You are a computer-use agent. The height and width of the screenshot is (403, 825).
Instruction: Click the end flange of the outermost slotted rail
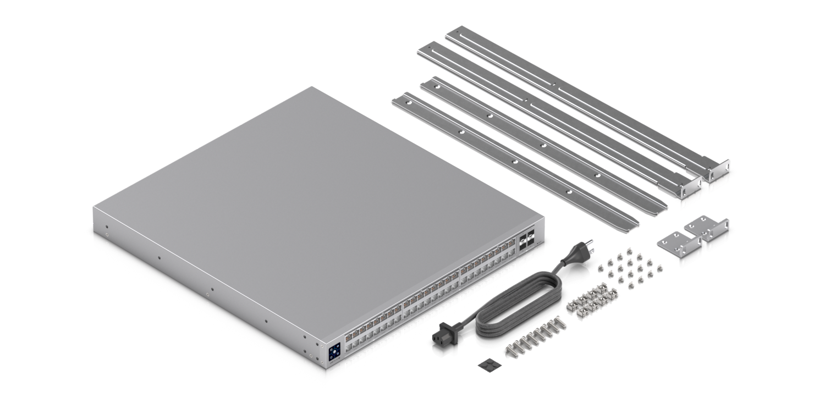[719, 175]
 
